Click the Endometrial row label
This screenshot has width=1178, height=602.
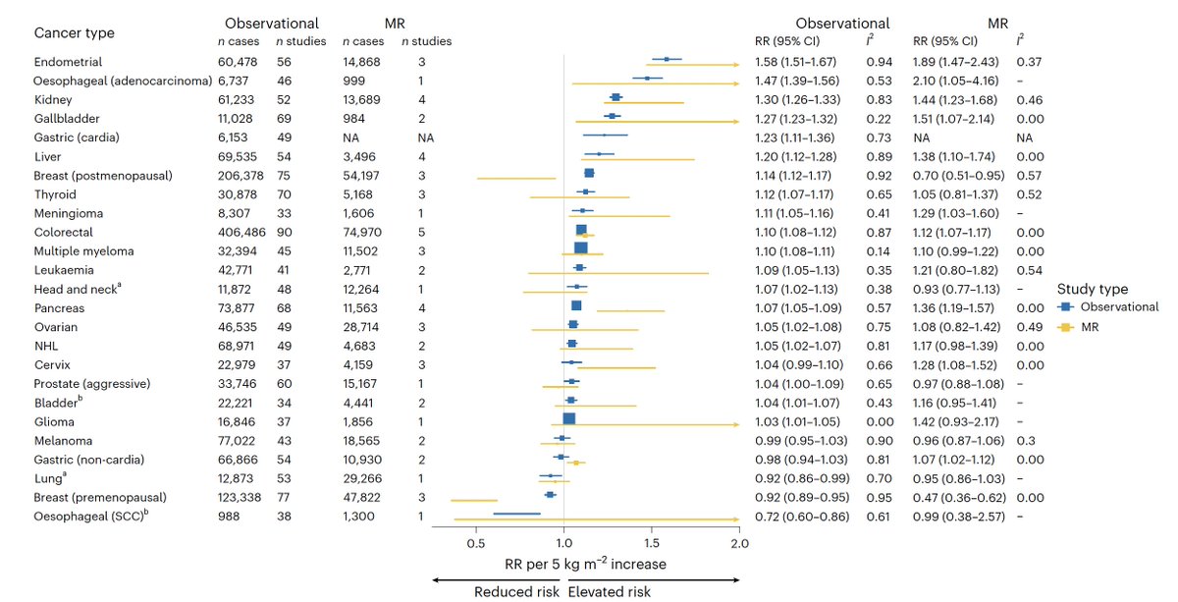[68, 62]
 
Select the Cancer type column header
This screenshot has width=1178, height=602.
[75, 32]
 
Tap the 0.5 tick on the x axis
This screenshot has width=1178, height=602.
[476, 543]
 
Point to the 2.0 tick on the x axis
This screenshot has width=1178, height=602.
[739, 543]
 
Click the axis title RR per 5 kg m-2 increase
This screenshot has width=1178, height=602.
[585, 564]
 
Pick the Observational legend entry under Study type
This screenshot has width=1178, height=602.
[1108, 306]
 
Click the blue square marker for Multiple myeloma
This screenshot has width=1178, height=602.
[580, 247]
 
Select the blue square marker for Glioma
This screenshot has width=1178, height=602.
[569, 418]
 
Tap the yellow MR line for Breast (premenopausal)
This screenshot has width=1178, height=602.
[474, 500]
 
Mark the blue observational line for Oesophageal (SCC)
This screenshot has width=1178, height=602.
[517, 513]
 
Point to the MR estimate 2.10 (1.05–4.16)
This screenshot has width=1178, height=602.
[955, 81]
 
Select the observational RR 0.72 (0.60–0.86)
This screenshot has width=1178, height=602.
[802, 517]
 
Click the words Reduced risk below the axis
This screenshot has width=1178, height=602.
[516, 592]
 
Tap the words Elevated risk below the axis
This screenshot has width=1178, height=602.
[609, 592]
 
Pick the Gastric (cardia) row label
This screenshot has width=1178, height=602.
[77, 137]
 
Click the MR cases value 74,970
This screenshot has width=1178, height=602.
[362, 232]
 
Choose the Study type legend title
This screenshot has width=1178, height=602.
[1093, 289]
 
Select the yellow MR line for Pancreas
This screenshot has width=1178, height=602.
[630, 311]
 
